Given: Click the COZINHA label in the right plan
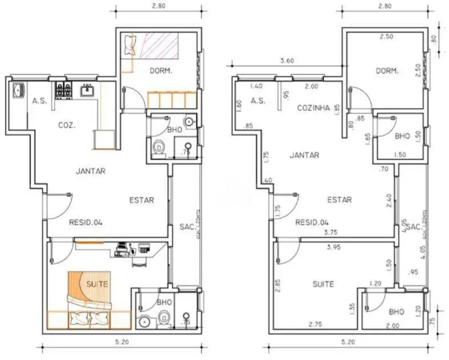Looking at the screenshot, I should (314, 107).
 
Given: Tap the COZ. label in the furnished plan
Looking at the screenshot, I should (67, 125).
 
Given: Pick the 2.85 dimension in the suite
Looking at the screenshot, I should (278, 285).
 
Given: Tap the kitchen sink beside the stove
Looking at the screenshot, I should (88, 90).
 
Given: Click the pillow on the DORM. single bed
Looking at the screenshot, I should (130, 44).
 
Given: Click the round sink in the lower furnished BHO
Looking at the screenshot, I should (145, 321).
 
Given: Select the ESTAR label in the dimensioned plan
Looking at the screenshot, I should (340, 200).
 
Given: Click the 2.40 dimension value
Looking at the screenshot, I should (389, 200).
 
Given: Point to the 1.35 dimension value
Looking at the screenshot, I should (351, 308).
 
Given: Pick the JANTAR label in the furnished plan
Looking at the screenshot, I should (90, 171).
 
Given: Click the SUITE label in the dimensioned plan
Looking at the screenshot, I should (323, 284).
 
